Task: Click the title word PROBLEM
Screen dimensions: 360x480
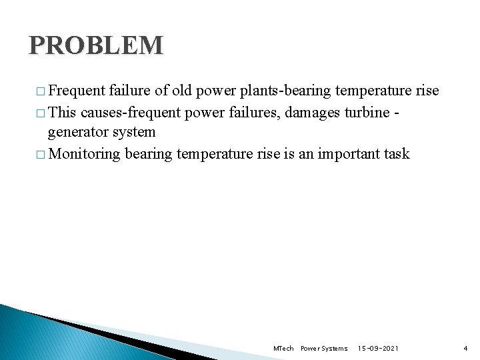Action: (x=96, y=45)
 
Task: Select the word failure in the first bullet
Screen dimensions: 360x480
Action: (x=129, y=91)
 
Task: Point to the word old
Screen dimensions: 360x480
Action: (x=181, y=91)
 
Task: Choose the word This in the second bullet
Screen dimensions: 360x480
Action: (x=63, y=112)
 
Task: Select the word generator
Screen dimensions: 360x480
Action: (x=79, y=132)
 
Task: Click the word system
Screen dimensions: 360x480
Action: (x=133, y=132)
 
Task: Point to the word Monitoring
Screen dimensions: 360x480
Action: (x=85, y=153)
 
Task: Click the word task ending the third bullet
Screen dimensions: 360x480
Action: (x=396, y=153)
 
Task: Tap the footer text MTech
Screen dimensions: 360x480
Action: (x=283, y=349)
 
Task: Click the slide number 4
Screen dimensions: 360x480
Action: (x=465, y=349)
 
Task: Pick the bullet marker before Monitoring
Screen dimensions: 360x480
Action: (x=42, y=154)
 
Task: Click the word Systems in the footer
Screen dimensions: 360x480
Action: (x=333, y=349)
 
